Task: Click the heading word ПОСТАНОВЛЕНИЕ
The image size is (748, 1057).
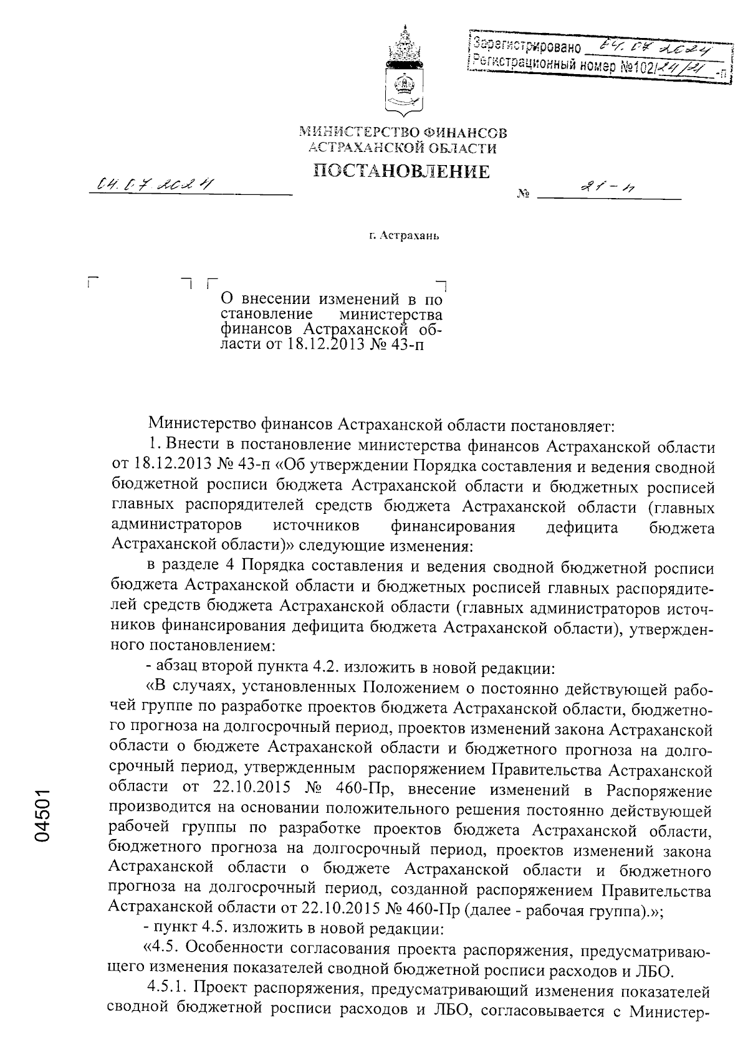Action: (x=401, y=171)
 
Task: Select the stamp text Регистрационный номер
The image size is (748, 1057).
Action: (x=542, y=65)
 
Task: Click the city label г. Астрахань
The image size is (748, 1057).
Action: (x=403, y=237)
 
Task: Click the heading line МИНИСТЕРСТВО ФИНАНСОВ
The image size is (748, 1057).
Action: (x=403, y=132)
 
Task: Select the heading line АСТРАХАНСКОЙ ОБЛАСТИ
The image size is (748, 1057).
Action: (x=403, y=148)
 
